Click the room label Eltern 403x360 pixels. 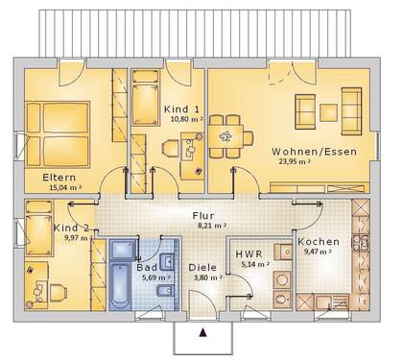click(x=59, y=178)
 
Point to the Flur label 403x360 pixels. click(x=202, y=216)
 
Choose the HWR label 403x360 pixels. click(x=249, y=254)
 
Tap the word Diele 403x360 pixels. click(x=202, y=269)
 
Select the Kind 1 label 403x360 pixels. click(x=182, y=108)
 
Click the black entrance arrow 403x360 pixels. click(x=202, y=333)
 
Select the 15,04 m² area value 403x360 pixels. click(x=62, y=190)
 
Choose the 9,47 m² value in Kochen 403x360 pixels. click(x=318, y=252)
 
